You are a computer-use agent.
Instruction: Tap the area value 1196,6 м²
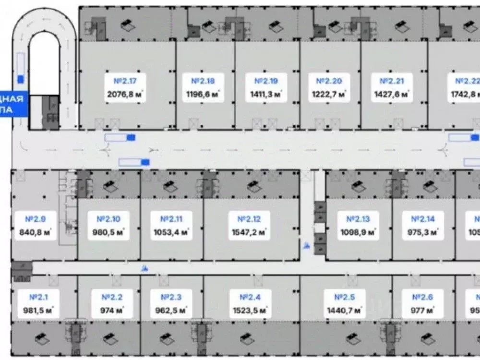pyautogui.click(x=203, y=95)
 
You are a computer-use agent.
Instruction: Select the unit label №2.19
pyautogui.click(x=266, y=81)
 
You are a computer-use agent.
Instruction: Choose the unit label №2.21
pyautogui.click(x=392, y=81)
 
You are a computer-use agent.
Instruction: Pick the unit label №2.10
pyautogui.click(x=108, y=219)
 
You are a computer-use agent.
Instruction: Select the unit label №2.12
pyautogui.click(x=249, y=219)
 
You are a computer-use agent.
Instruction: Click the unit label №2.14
pyautogui.click(x=423, y=219)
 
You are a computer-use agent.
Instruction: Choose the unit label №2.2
pyautogui.click(x=112, y=297)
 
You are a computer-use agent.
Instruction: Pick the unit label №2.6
pyautogui.click(x=422, y=297)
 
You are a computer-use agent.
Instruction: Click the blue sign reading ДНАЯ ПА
pyautogui.click(x=14, y=104)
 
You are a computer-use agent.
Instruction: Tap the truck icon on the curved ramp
pyautogui.click(x=21, y=69)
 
